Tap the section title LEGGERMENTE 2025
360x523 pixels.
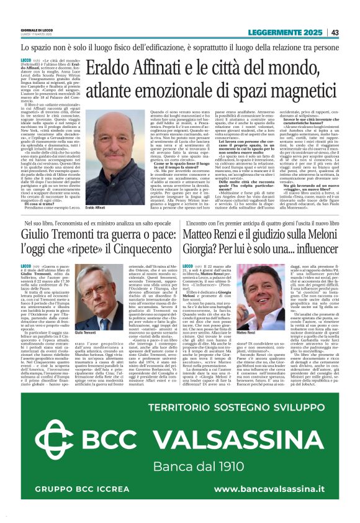[x=287, y=32]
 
